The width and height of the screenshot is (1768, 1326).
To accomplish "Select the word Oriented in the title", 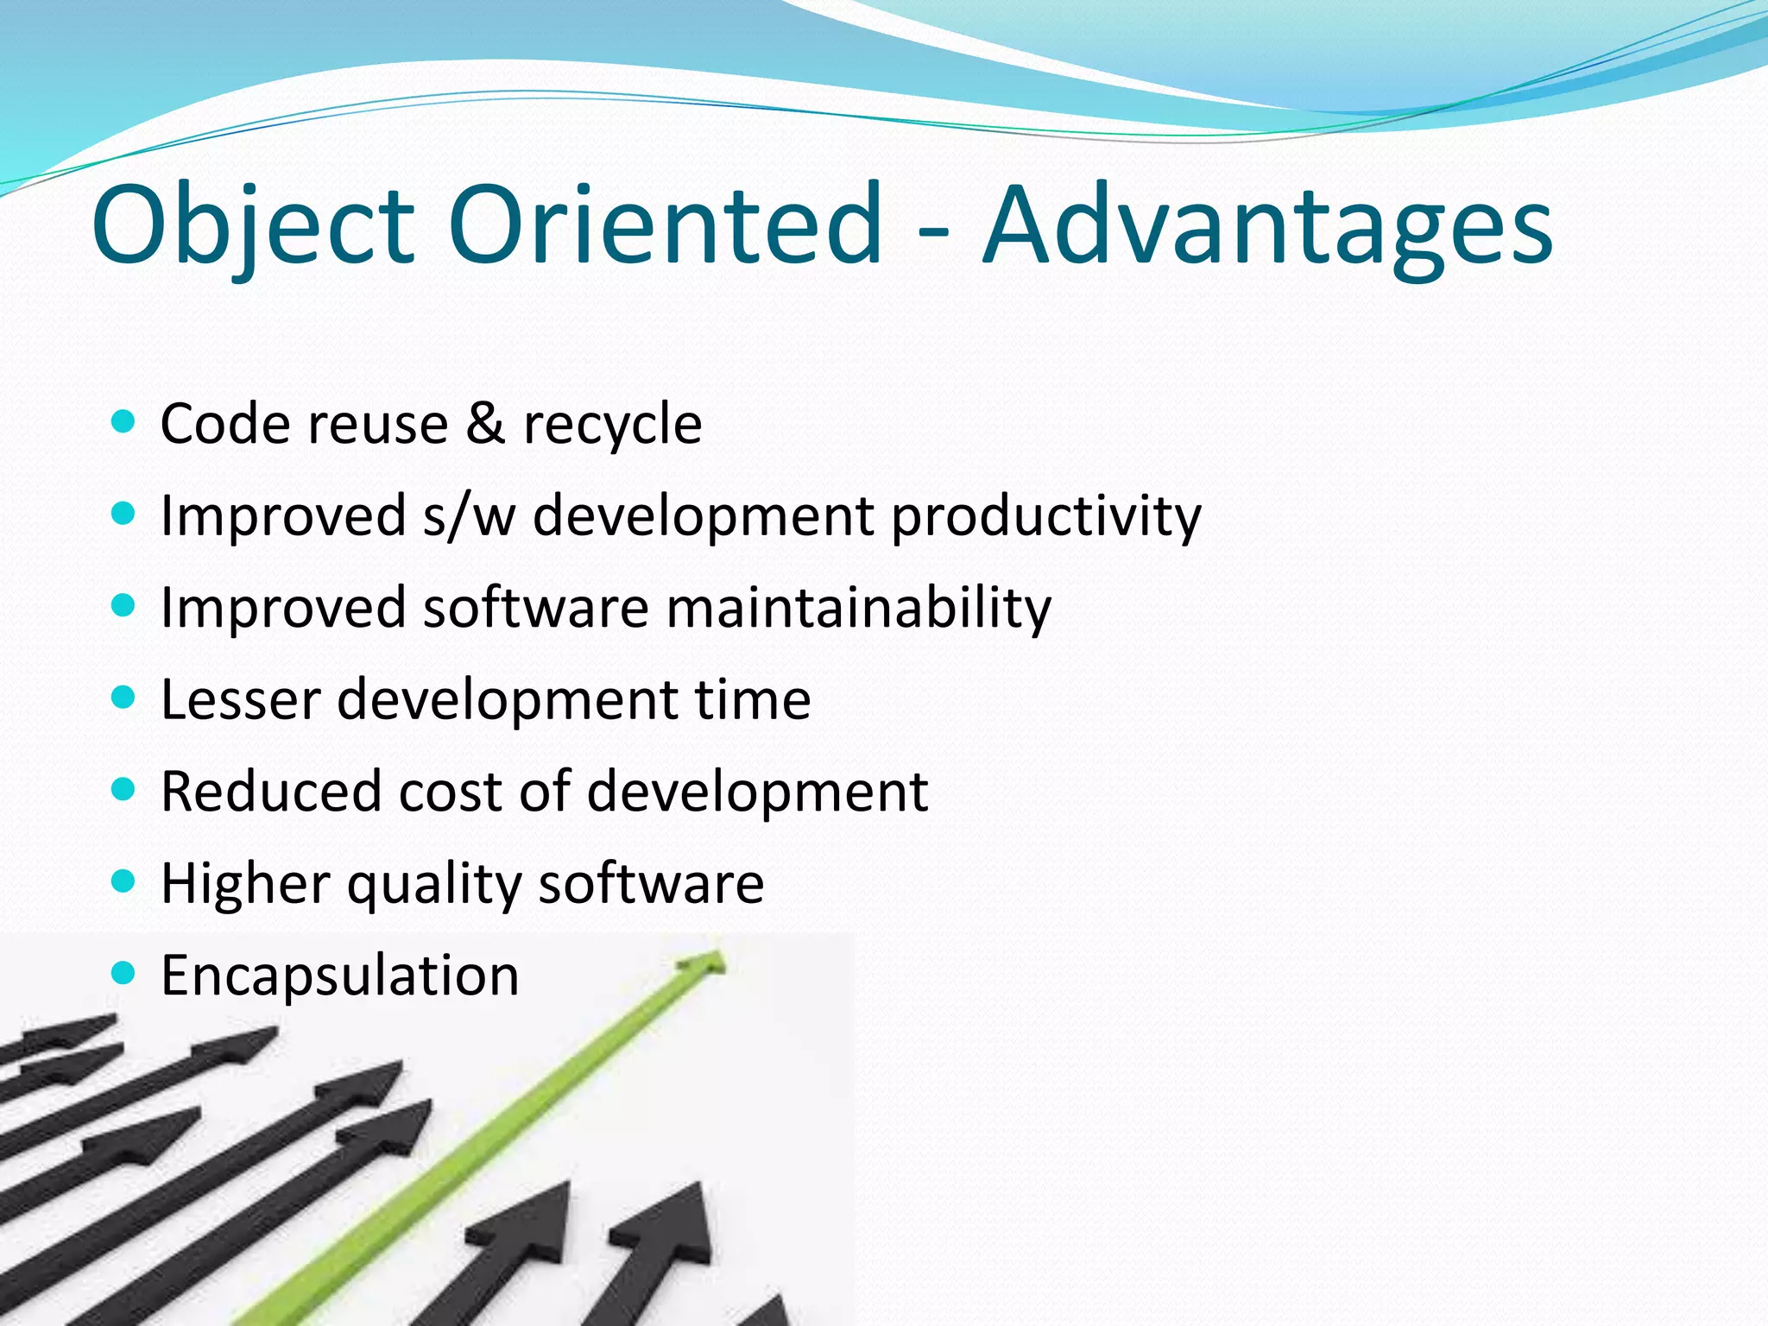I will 665,226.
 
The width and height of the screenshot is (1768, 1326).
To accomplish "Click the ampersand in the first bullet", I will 485,423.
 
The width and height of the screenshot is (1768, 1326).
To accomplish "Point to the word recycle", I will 613,425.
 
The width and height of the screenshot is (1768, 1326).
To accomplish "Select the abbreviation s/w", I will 469,516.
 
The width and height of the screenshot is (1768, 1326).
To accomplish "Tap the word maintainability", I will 858,608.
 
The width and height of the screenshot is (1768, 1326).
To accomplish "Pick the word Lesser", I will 241,699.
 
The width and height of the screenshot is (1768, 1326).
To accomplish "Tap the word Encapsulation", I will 340,976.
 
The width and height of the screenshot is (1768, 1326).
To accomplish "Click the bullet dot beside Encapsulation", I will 124,973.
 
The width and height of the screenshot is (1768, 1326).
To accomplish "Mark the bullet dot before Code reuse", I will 124,421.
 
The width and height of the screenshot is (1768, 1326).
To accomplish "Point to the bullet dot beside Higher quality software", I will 124,881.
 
